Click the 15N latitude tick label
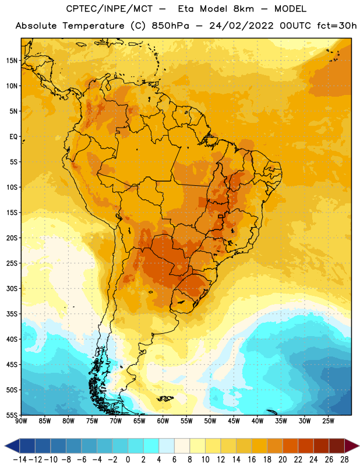(12, 61)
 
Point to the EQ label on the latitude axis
(13, 137)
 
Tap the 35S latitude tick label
(12, 314)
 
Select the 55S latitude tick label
(12, 415)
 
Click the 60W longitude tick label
(163, 421)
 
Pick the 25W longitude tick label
(328, 421)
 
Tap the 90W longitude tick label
(22, 421)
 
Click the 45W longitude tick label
(234, 421)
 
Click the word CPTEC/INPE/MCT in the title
(109, 9)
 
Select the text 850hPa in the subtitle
(170, 26)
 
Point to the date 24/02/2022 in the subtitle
(241, 26)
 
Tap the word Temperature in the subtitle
(93, 26)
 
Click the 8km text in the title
(243, 9)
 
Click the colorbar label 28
(344, 460)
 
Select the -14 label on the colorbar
(20, 460)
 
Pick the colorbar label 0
(128, 460)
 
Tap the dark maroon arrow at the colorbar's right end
(352, 446)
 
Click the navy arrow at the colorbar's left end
(12, 446)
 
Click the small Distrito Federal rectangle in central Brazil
(220, 216)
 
